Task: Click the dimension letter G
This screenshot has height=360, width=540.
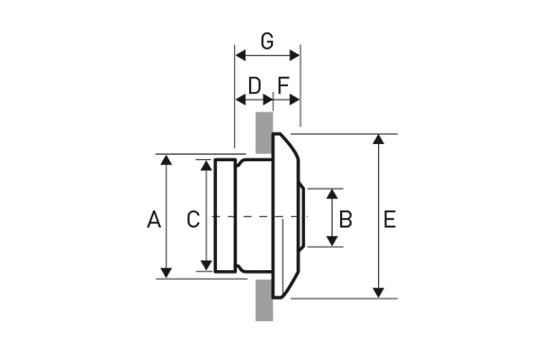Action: pos(267,41)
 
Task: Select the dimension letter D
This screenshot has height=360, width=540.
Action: pos(255,85)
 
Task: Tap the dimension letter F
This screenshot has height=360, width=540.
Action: pos(283,85)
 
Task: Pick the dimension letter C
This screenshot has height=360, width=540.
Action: pos(193,219)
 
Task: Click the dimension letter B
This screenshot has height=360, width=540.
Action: pos(346,219)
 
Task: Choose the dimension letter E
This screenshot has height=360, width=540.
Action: pos(390,219)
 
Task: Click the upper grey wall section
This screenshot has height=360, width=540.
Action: pos(264,132)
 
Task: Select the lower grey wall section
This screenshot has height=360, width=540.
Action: pos(264,301)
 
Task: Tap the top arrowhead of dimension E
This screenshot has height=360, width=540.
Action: pos(379,139)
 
